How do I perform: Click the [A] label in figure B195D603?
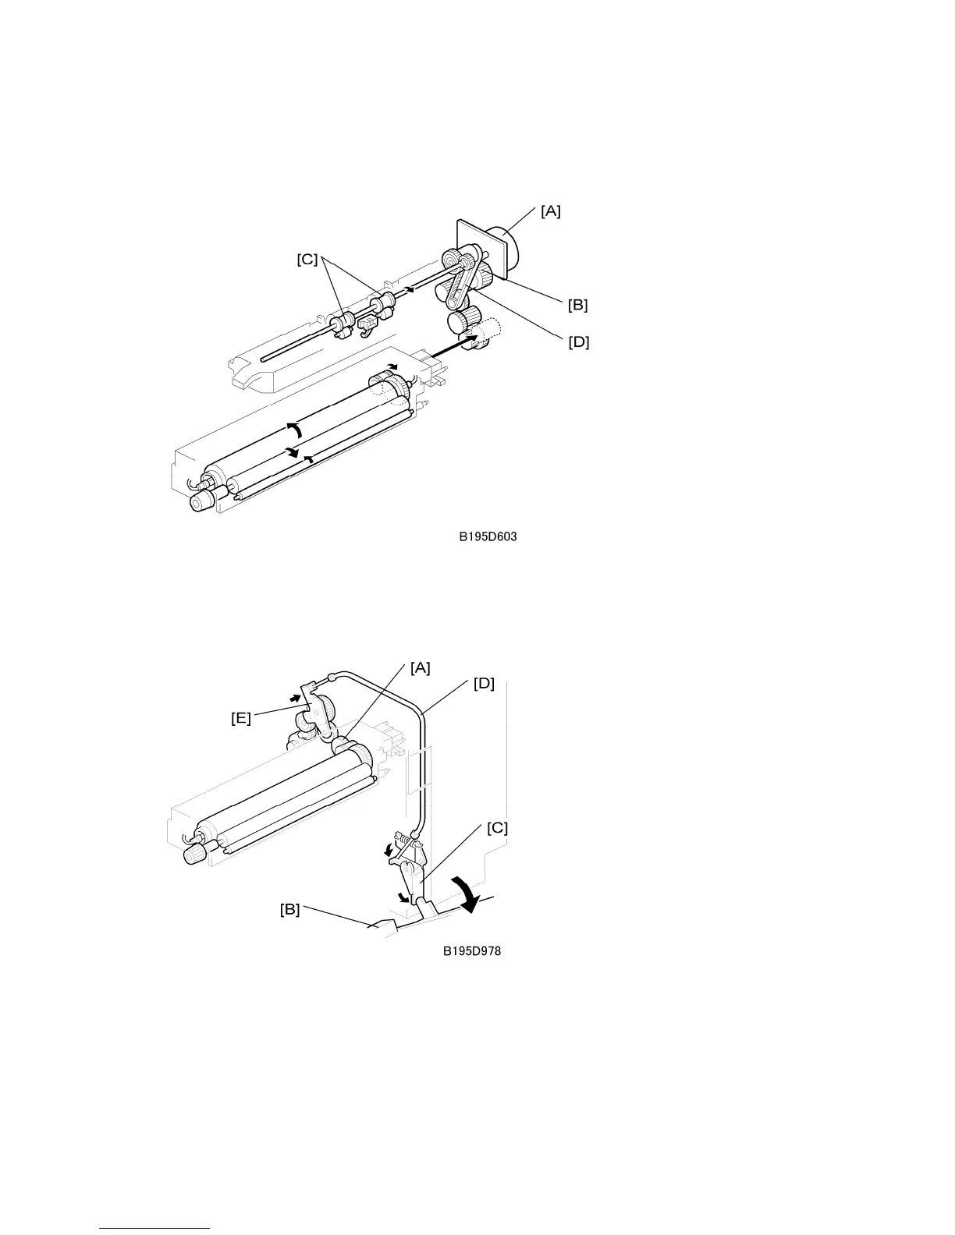pyautogui.click(x=550, y=211)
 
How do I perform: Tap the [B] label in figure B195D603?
pyautogui.click(x=577, y=305)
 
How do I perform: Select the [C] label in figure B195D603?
pyautogui.click(x=307, y=260)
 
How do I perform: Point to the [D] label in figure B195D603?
pyautogui.click(x=578, y=341)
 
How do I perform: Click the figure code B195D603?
pyautogui.click(x=488, y=536)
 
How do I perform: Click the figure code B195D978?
pyautogui.click(x=472, y=951)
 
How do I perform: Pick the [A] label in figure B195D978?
pyautogui.click(x=420, y=667)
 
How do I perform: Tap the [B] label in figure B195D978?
pyautogui.click(x=289, y=909)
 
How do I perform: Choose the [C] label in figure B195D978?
pyautogui.click(x=497, y=829)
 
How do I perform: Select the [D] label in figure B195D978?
pyautogui.click(x=484, y=684)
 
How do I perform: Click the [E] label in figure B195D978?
pyautogui.click(x=241, y=718)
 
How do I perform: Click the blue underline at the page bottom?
pyautogui.click(x=155, y=1228)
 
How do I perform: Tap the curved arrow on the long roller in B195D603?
pyautogui.click(x=293, y=429)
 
